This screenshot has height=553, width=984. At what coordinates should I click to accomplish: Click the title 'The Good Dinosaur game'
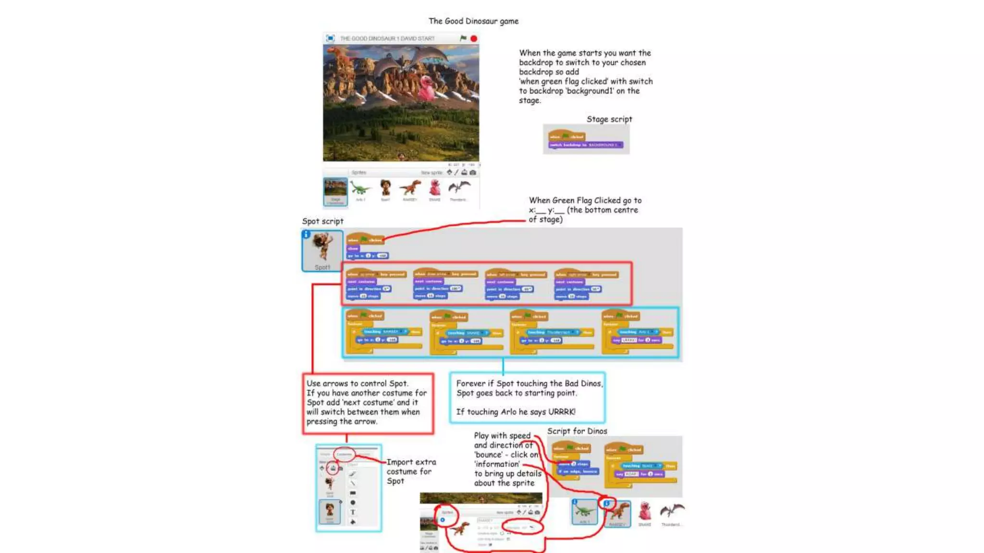pos(473,21)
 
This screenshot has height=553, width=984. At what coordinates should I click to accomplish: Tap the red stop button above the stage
pos(474,38)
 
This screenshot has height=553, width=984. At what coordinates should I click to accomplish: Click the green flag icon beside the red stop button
pos(463,38)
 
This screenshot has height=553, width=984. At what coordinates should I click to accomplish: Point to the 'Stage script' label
pos(609,119)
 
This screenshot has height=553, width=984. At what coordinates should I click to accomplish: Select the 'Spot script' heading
pos(322,221)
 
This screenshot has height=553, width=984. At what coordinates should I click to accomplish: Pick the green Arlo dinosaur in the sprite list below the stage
pos(360,188)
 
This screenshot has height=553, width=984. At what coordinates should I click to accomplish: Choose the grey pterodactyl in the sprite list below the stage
pos(459,188)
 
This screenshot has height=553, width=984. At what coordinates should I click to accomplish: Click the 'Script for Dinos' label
pos(577,431)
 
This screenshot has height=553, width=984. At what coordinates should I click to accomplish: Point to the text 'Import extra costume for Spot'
pos(411,471)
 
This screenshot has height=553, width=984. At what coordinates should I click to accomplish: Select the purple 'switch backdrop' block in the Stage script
pos(586,145)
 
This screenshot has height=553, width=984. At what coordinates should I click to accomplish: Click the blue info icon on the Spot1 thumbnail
pos(306,234)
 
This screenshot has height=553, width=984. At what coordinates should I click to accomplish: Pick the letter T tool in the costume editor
pos(353,512)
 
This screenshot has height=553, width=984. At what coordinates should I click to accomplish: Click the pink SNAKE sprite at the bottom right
pos(645,511)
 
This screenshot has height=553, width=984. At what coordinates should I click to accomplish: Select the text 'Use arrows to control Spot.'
pos(357,384)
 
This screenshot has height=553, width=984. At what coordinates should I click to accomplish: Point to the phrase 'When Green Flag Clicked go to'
pos(585,201)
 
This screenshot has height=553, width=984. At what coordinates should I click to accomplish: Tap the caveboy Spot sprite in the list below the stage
pos(385,188)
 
